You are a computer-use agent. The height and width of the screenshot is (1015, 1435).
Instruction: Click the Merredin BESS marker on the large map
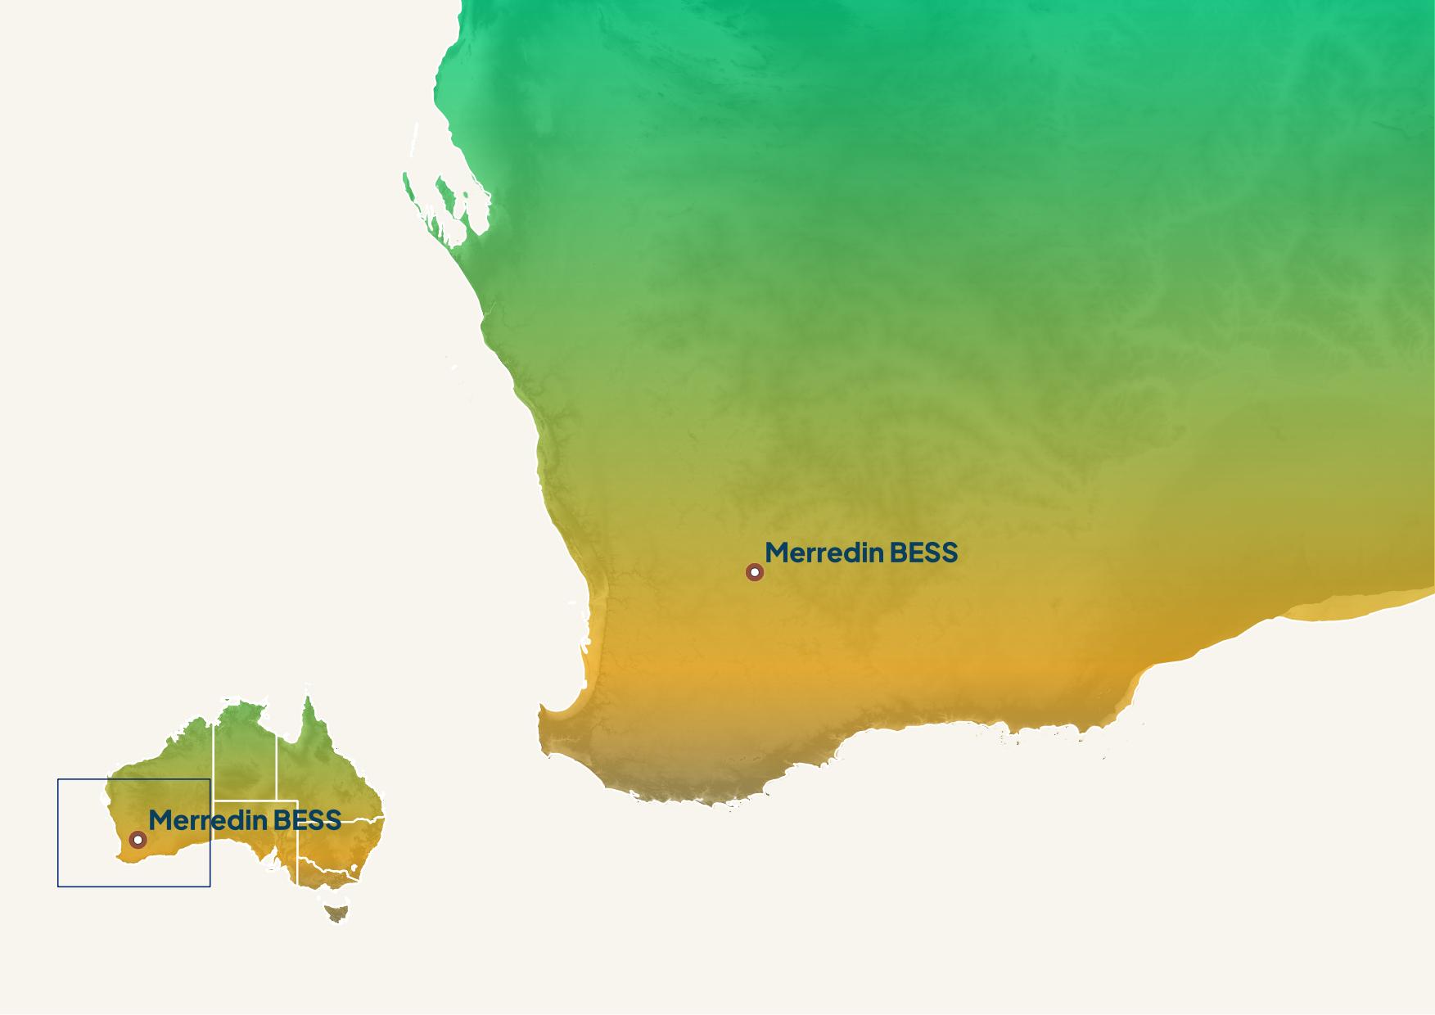(755, 572)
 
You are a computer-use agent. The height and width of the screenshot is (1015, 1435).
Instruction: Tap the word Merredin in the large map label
(824, 553)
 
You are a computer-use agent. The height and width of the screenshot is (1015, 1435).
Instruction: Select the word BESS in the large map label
(923, 553)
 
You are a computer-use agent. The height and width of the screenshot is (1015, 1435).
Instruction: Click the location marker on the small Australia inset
(138, 840)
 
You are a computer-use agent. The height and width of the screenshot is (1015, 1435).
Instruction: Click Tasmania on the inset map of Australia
(336, 912)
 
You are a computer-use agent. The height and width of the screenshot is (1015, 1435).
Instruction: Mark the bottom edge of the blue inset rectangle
(133, 886)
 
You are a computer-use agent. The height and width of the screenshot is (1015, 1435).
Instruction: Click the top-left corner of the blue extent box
(58, 779)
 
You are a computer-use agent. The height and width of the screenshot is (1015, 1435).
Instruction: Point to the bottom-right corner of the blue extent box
(210, 886)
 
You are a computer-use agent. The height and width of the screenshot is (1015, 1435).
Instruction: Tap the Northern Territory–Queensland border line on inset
(276, 765)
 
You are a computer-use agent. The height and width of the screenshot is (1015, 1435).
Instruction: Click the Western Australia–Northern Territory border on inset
(214, 753)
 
